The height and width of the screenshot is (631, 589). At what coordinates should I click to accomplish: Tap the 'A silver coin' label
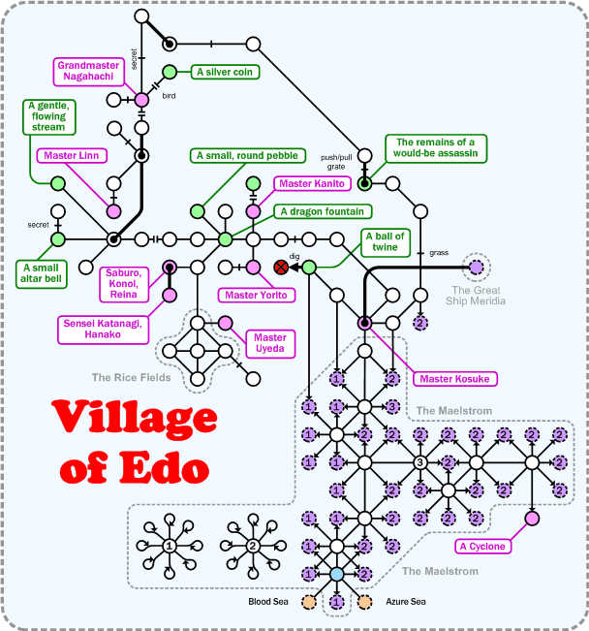click(227, 72)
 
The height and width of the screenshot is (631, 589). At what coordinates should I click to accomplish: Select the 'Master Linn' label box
click(74, 155)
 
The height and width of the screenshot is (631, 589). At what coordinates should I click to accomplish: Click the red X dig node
click(282, 267)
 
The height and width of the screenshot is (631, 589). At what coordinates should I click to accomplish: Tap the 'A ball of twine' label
click(385, 242)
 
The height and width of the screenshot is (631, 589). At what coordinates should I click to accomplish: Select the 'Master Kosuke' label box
click(452, 378)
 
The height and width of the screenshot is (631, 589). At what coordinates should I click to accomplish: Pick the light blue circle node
click(337, 575)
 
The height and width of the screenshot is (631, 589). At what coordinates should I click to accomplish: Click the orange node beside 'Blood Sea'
click(309, 602)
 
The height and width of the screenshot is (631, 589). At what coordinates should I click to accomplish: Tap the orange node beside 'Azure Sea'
click(365, 602)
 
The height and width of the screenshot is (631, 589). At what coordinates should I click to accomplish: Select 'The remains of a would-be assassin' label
click(436, 149)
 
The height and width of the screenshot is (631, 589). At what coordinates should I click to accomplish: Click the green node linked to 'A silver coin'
click(170, 72)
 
